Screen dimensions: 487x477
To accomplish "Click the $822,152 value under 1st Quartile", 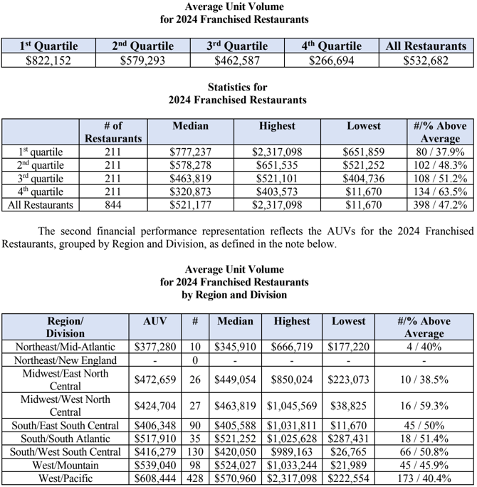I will pyautogui.click(x=48, y=61).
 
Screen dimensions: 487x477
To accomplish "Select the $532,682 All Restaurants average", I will pyautogui.click(x=426, y=61).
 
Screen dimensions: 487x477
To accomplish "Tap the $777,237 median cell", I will pyautogui.click(x=190, y=152).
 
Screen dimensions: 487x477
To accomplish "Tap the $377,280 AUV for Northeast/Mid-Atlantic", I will pyautogui.click(x=155, y=347).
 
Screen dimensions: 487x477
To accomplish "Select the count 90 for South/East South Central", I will pyautogui.click(x=195, y=426).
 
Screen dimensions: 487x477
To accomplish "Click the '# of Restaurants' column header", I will pyautogui.click(x=112, y=132).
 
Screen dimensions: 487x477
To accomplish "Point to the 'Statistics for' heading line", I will pyautogui.click(x=238, y=88).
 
